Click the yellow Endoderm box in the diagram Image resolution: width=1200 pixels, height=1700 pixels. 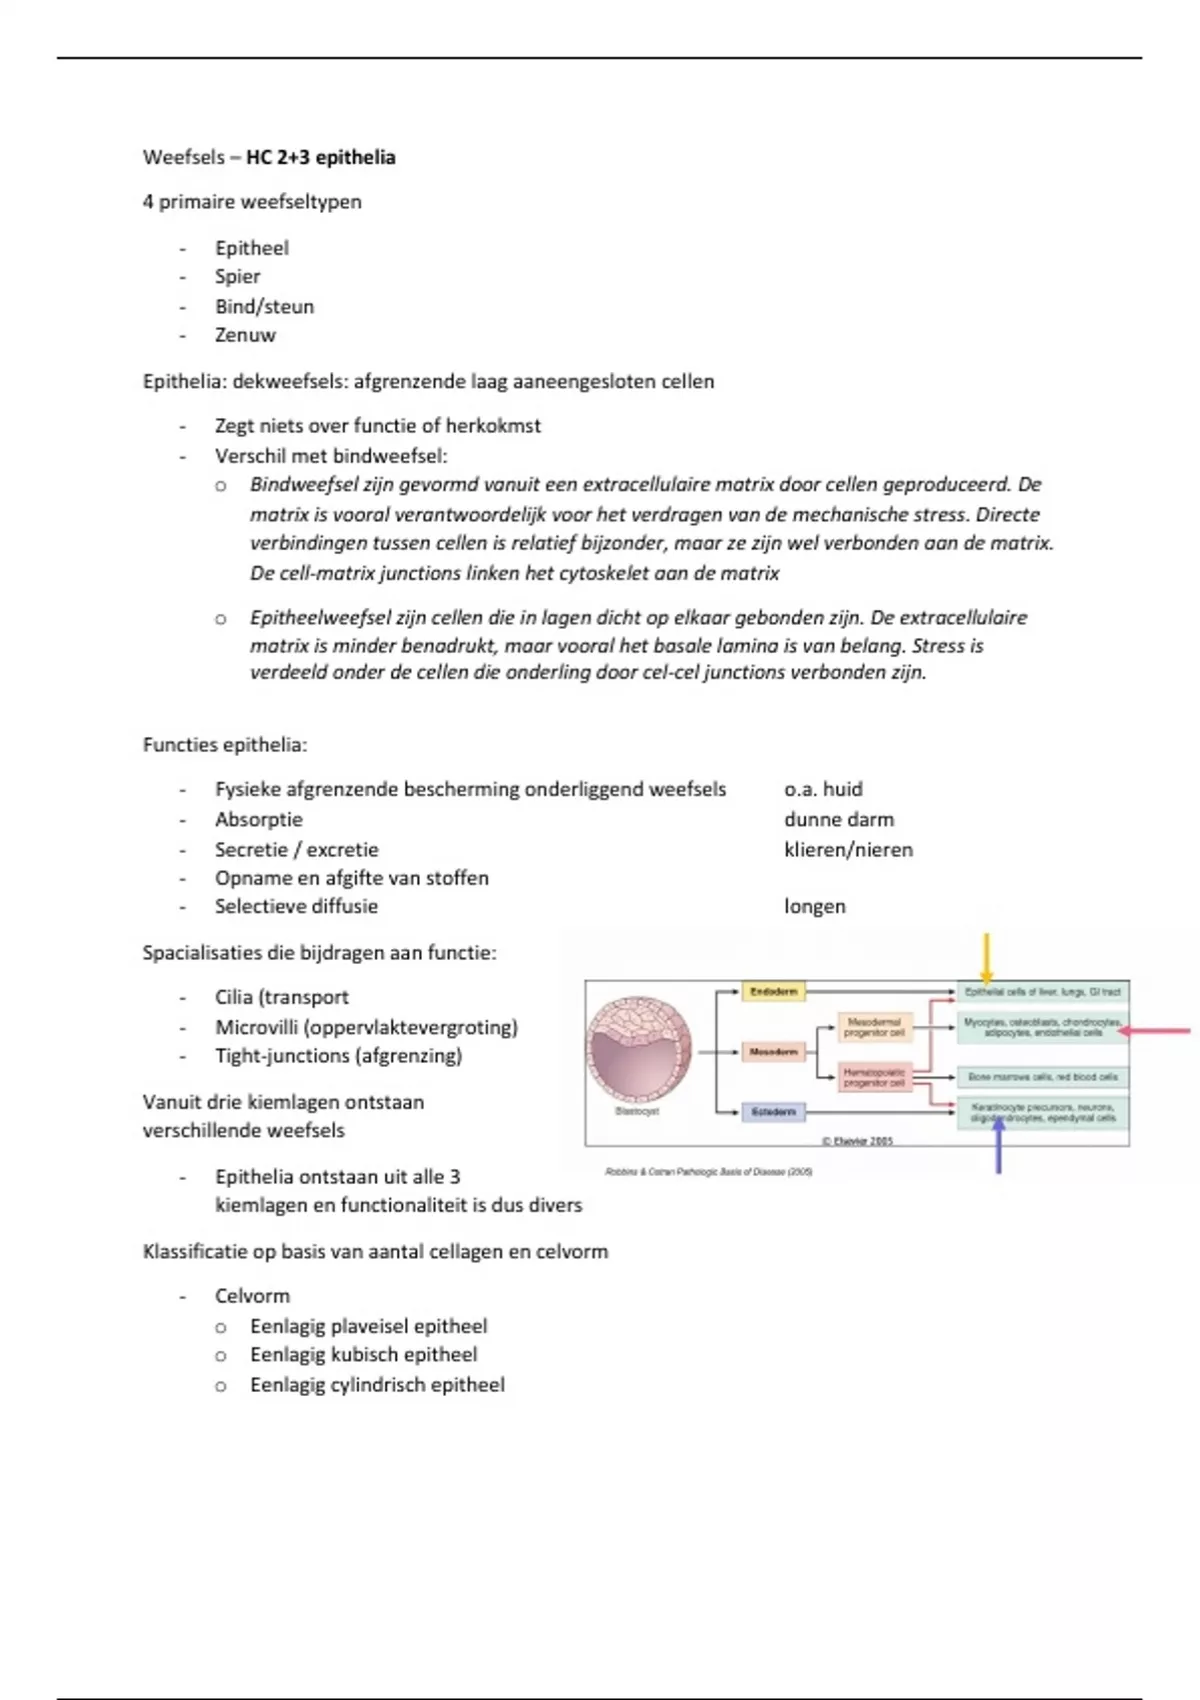pos(773,992)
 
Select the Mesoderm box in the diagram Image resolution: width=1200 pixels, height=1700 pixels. pos(773,1052)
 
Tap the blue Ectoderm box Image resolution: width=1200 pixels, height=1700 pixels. pos(773,1112)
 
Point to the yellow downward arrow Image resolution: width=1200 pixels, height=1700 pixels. pos(986,958)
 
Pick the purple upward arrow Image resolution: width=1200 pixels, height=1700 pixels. pos(997,1145)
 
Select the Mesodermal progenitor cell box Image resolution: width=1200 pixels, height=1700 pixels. pos(874,1027)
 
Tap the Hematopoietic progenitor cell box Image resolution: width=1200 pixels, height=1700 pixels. pos(874,1077)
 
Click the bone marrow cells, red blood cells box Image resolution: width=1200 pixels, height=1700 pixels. pos(1043,1077)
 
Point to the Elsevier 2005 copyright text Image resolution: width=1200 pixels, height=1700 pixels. pos(857,1141)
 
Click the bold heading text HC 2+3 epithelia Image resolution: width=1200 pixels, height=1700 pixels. pos(320,157)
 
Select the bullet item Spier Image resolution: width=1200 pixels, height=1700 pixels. pos(237,276)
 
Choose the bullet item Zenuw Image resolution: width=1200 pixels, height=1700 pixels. pos(245,335)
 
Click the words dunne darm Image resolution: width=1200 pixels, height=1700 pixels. pos(839,819)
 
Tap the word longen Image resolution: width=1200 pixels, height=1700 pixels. pos(815,906)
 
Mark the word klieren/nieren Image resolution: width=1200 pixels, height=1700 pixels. pos(848,849)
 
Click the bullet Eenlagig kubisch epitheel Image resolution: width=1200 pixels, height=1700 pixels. pos(363,1354)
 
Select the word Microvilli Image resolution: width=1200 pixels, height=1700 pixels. pos(257,1027)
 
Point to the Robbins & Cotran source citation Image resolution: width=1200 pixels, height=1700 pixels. pos(709,1171)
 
